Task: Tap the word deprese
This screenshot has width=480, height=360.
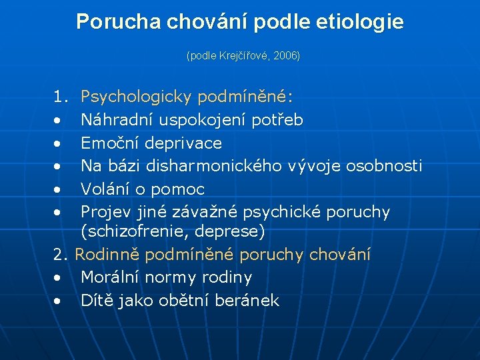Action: point(232,232)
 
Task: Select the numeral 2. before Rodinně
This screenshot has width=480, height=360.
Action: point(61,255)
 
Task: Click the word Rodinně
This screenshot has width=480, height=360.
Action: point(107,255)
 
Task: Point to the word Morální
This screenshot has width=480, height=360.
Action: point(111,277)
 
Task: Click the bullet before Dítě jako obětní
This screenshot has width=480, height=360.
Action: point(60,301)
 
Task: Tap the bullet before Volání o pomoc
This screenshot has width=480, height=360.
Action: point(60,190)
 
